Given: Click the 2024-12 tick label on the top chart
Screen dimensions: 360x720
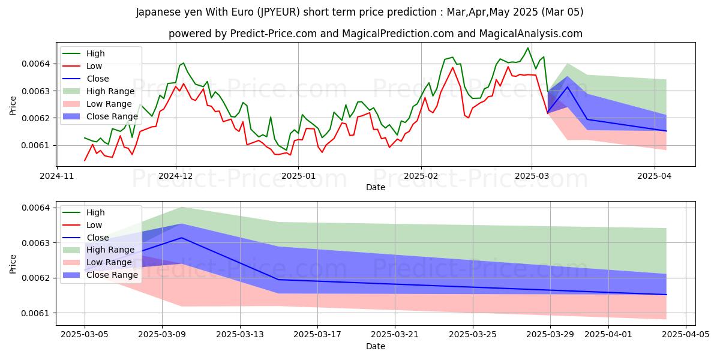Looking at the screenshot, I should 176,176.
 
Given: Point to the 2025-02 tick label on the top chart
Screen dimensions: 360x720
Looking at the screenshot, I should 421,176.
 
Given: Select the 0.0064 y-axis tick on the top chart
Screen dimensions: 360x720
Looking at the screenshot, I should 36,64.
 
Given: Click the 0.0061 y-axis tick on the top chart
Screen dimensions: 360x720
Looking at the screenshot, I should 36,145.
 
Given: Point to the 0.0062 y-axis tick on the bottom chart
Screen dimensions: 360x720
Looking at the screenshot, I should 36,278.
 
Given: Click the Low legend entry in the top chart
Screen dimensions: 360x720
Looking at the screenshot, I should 95,66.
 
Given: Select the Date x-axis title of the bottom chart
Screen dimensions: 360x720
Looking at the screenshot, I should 376,346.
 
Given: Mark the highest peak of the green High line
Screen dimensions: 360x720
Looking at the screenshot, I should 528,48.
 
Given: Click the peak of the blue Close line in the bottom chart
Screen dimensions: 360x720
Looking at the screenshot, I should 182,238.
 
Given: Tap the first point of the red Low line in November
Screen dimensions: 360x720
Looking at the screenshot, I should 85,160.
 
